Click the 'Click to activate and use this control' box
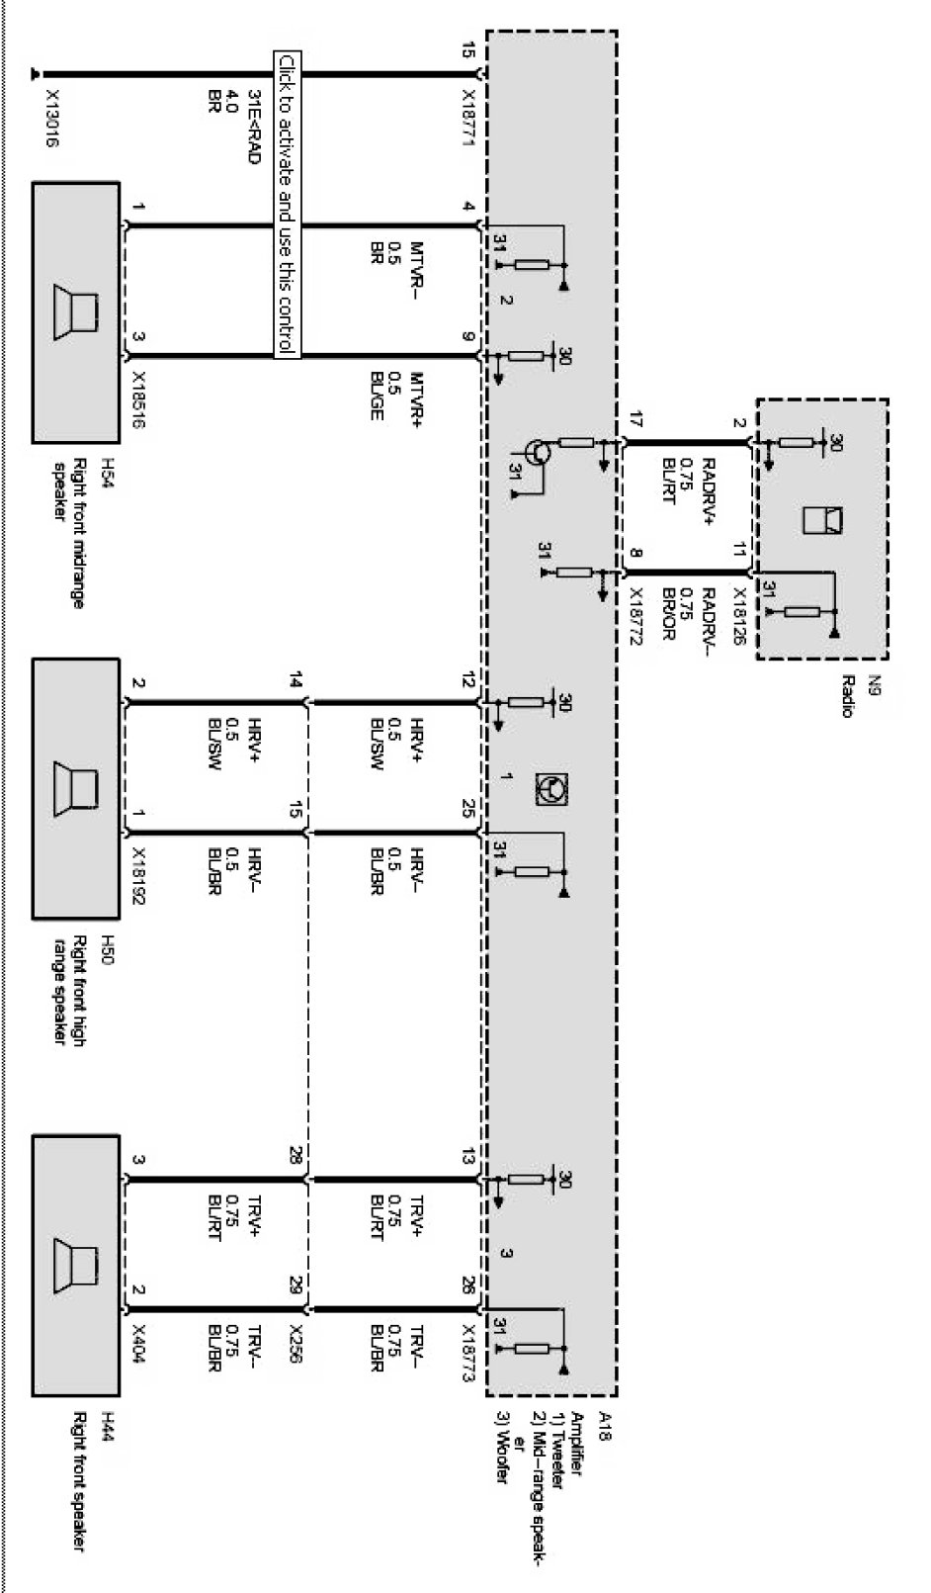point(286,203)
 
